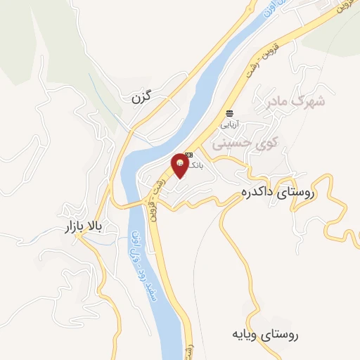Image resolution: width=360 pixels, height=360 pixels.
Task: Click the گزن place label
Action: [141, 98]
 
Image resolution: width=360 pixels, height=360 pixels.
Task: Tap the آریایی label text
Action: [230, 124]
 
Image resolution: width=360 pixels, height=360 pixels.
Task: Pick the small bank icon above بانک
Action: [188, 155]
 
